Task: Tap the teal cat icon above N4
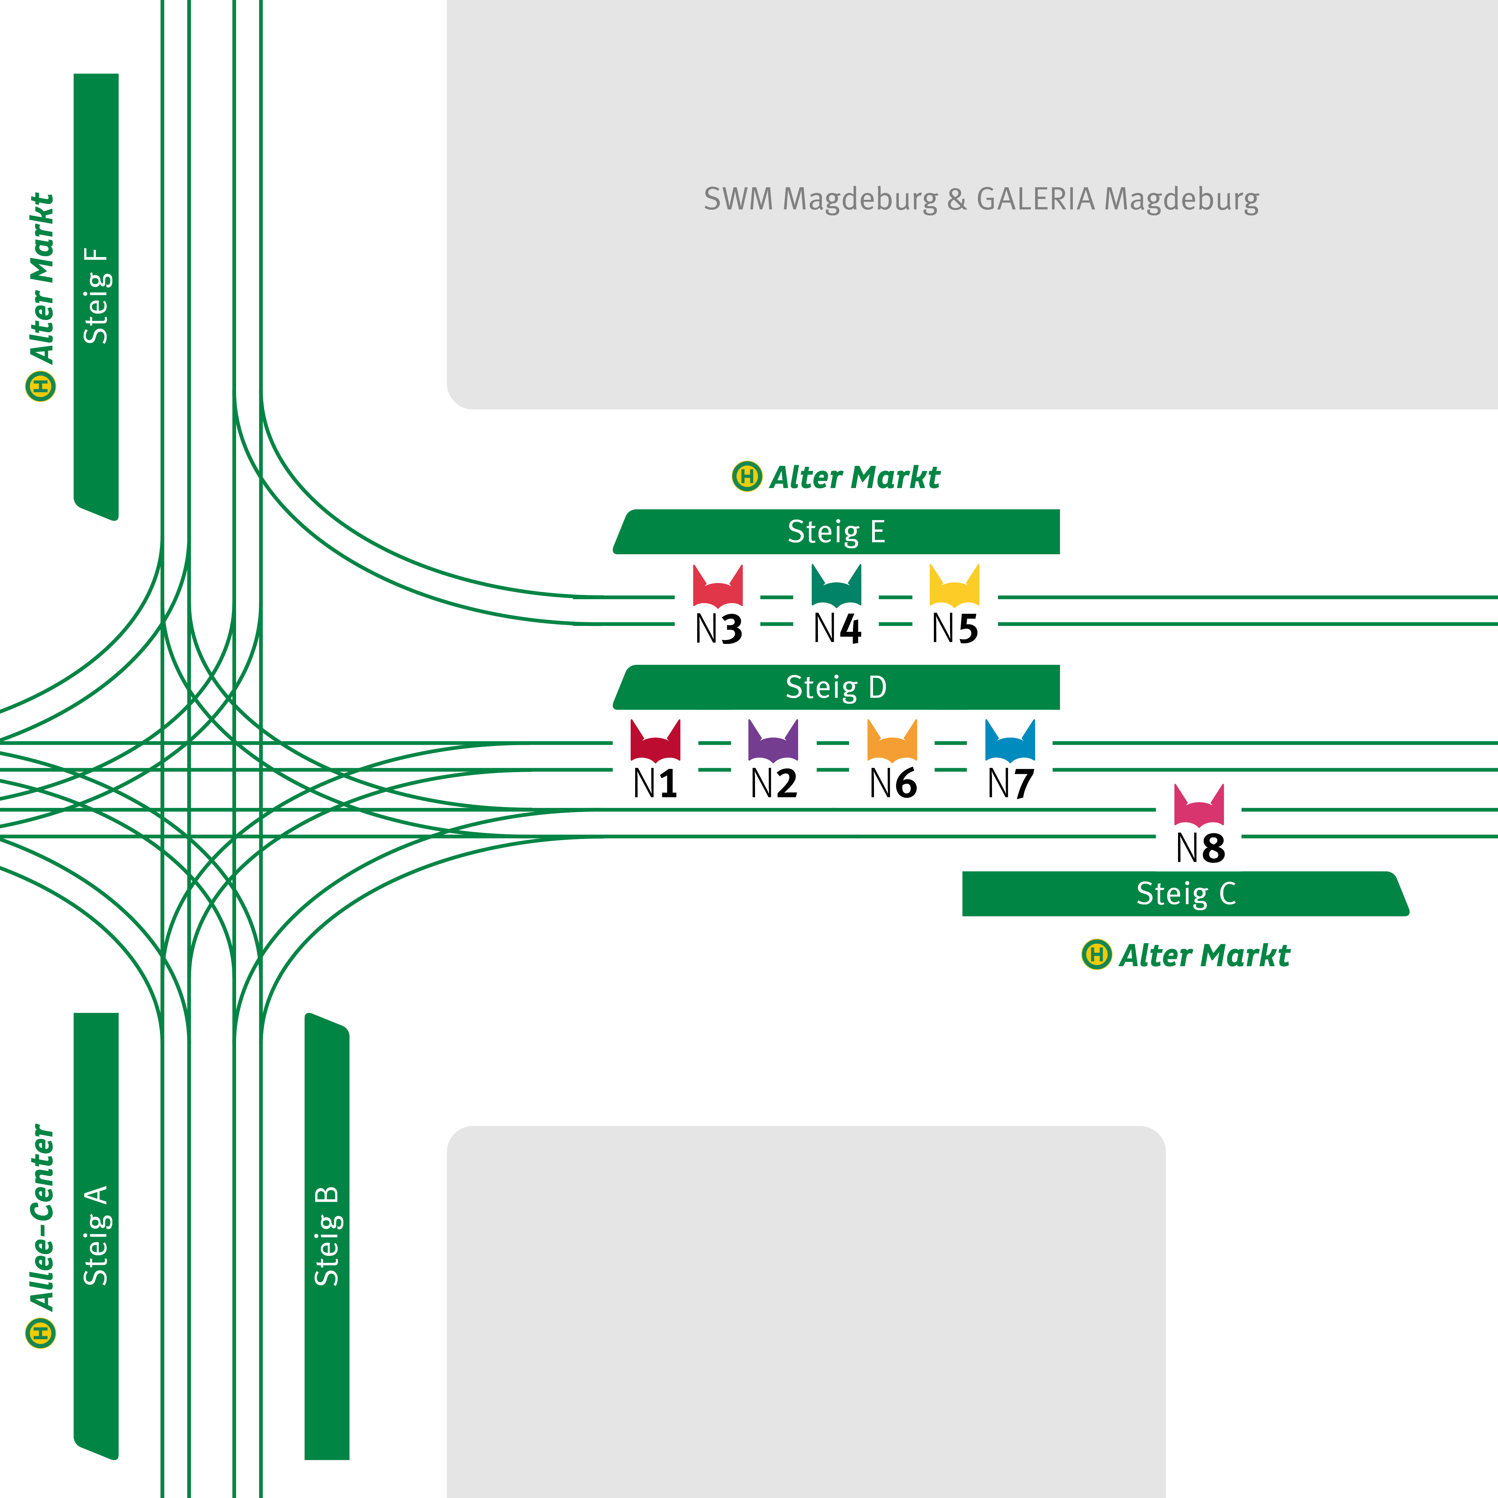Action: [x=836, y=586]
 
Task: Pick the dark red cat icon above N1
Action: [x=655, y=742]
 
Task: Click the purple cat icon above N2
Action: [x=773, y=742]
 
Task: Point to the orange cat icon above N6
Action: [x=892, y=742]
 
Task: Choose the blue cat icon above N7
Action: [x=1010, y=742]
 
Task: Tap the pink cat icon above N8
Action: [x=1199, y=807]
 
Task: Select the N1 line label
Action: [x=655, y=783]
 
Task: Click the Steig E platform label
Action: [x=836, y=532]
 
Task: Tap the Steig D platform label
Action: [x=836, y=687]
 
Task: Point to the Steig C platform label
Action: [x=1186, y=893]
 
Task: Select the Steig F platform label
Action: [x=96, y=296]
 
